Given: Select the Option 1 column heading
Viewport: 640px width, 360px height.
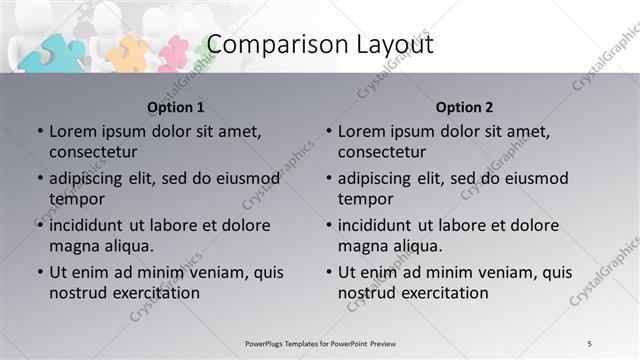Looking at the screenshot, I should click(x=176, y=107).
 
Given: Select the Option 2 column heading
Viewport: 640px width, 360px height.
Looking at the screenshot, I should click(x=465, y=107).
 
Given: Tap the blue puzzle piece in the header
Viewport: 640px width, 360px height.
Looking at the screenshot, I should click(x=50, y=51).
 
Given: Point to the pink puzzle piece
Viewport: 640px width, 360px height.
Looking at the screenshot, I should click(x=173, y=53).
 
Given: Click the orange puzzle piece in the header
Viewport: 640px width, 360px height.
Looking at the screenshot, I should click(x=127, y=53).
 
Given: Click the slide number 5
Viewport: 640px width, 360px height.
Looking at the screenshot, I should click(x=590, y=343).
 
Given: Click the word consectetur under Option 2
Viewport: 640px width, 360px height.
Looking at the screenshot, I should click(x=382, y=152).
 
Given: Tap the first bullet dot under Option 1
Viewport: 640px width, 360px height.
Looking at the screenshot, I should click(x=39, y=131).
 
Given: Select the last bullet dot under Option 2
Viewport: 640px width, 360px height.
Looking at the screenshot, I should click(x=328, y=272).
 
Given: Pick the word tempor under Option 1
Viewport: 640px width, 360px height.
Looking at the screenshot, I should click(x=75, y=199).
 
